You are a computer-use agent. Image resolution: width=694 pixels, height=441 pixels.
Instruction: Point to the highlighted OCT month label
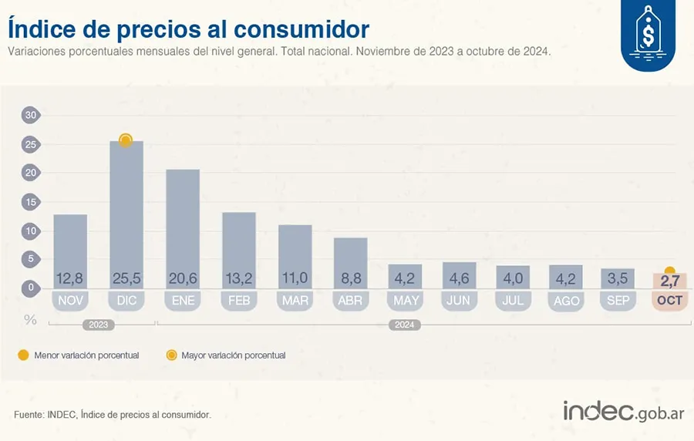click(x=669, y=301)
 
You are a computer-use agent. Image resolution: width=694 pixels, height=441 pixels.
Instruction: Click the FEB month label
click(x=239, y=301)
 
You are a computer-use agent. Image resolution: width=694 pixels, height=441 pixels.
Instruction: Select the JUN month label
click(x=458, y=301)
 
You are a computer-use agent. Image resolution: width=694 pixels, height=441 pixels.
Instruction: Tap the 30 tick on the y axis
click(x=31, y=116)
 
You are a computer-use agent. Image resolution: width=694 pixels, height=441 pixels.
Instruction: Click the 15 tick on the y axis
click(x=31, y=202)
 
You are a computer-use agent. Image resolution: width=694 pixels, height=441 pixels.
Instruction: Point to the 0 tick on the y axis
click(x=31, y=288)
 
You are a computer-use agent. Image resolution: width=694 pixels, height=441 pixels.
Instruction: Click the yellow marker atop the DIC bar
click(x=126, y=140)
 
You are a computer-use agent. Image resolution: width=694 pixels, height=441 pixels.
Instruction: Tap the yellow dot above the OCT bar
click(x=669, y=271)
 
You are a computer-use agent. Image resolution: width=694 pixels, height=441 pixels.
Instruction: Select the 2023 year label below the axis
click(x=99, y=325)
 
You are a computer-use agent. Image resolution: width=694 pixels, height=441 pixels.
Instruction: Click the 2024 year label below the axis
click(x=404, y=325)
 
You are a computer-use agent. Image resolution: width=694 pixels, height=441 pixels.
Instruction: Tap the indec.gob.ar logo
click(x=623, y=412)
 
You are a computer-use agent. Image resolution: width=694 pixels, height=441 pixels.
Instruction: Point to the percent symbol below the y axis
click(x=31, y=319)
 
